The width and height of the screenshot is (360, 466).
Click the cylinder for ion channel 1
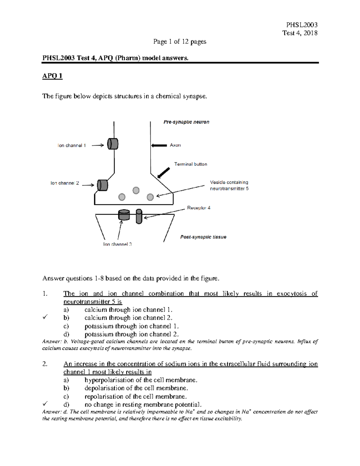point(113,144)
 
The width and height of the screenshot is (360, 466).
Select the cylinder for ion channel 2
point(102,185)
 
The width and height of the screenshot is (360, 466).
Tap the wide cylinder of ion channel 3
point(124,215)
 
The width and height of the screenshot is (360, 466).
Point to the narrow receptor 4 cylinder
point(139,216)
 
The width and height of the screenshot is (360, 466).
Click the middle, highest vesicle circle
point(136,190)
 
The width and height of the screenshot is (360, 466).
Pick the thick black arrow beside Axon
point(159,146)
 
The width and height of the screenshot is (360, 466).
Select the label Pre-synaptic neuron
point(186,122)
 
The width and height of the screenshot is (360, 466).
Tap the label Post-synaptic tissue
point(203,237)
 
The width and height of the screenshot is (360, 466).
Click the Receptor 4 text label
point(199,208)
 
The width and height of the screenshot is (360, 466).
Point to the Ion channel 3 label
point(117,244)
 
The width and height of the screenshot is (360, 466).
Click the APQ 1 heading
point(52,76)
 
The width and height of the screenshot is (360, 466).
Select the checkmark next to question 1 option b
point(45,317)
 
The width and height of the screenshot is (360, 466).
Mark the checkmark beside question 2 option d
point(45,404)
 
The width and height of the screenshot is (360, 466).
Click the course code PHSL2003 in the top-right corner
point(302,25)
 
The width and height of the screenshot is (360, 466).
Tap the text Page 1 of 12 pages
point(180,41)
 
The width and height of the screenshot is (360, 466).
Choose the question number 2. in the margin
point(45,364)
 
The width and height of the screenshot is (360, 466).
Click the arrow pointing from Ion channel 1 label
point(98,146)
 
